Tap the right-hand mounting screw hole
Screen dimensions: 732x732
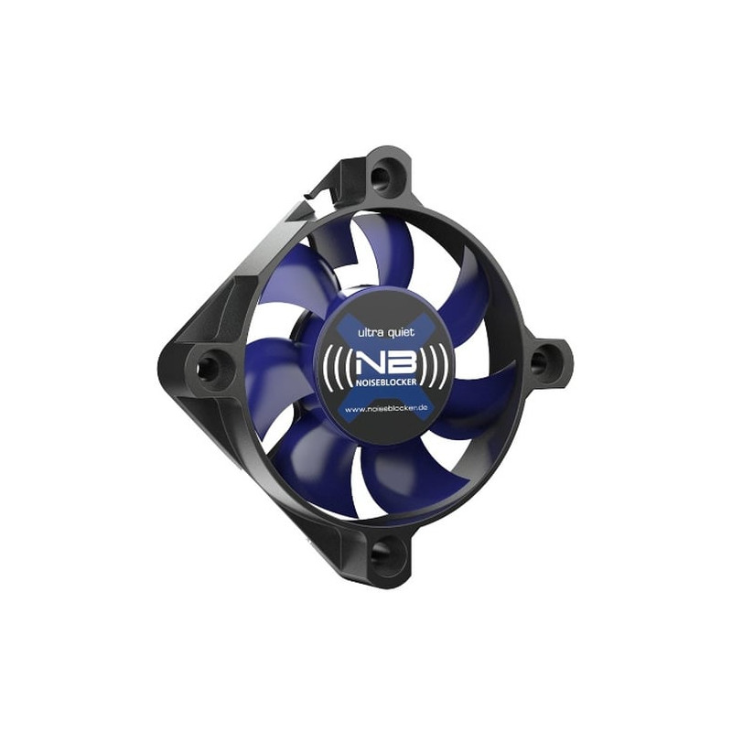[x=540, y=362]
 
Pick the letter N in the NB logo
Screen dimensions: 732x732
[x=363, y=358]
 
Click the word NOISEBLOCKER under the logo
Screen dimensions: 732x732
[x=378, y=382]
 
